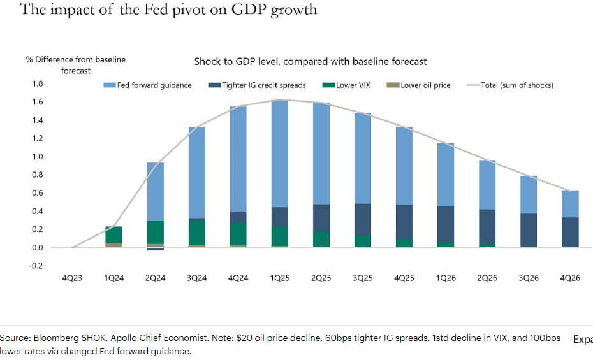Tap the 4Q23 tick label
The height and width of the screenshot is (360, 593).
click(72, 278)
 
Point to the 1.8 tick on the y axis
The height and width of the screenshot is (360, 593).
click(37, 84)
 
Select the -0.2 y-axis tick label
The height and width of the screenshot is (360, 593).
click(36, 266)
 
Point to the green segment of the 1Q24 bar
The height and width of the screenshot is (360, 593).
click(113, 234)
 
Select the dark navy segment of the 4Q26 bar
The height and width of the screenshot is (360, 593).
click(569, 232)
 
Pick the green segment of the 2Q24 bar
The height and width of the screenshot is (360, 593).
click(154, 232)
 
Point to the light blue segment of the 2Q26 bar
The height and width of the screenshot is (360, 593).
click(487, 184)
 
